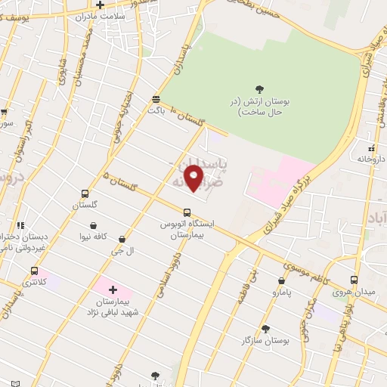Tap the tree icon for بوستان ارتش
(260, 89)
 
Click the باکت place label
(156, 110)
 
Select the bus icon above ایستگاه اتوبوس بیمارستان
(187, 211)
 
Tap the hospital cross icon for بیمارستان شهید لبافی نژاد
(113, 289)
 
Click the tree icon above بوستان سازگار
(265, 329)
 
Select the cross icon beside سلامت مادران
(100, 5)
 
